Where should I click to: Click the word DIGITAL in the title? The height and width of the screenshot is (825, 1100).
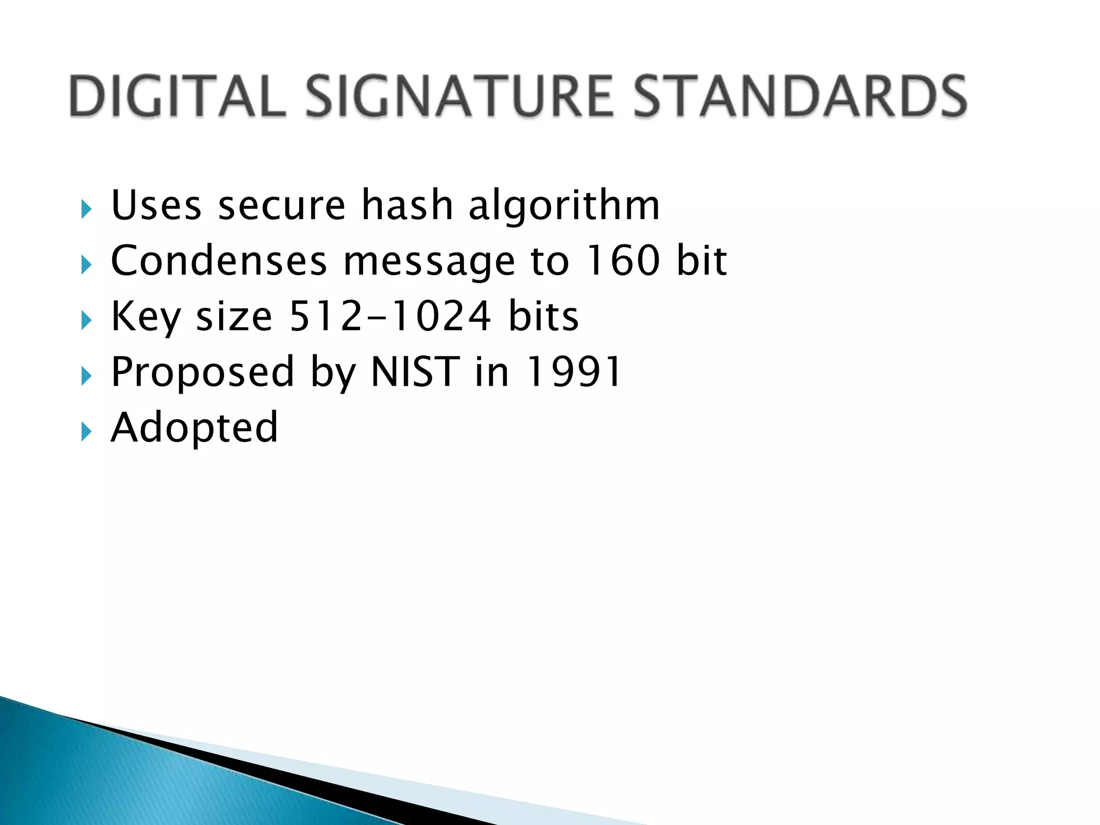(x=177, y=96)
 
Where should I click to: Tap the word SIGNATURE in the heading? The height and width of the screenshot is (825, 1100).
(x=460, y=96)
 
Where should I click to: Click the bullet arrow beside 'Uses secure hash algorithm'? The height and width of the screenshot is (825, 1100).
(x=86, y=209)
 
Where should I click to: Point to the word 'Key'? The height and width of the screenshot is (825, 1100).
(x=146, y=317)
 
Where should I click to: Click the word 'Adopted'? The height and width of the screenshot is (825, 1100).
(x=194, y=428)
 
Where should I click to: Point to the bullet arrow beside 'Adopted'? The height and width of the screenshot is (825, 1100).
(x=86, y=431)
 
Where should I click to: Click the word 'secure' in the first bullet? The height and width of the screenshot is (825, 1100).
(x=282, y=206)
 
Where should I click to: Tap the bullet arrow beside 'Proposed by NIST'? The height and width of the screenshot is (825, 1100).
(x=86, y=376)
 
